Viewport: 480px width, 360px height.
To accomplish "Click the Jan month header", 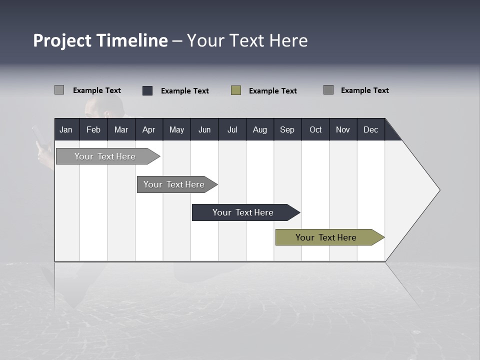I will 66,129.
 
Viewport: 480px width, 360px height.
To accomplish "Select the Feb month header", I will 93,129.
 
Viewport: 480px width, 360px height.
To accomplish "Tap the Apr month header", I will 148,129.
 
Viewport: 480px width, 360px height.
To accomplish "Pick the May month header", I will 176,129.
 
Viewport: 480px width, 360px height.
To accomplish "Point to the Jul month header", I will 232,129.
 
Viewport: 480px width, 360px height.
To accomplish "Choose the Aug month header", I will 260,129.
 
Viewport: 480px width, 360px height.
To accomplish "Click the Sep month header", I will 287,129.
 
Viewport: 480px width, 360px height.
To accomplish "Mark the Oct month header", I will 315,129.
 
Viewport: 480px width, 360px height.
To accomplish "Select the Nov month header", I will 343,129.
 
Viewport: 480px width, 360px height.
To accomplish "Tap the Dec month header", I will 371,129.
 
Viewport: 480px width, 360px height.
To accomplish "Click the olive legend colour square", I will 236,90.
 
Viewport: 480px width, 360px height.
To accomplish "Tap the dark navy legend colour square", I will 147,90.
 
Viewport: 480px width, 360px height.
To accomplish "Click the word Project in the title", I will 62,40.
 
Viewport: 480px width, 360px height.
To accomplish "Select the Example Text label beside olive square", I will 272,91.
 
